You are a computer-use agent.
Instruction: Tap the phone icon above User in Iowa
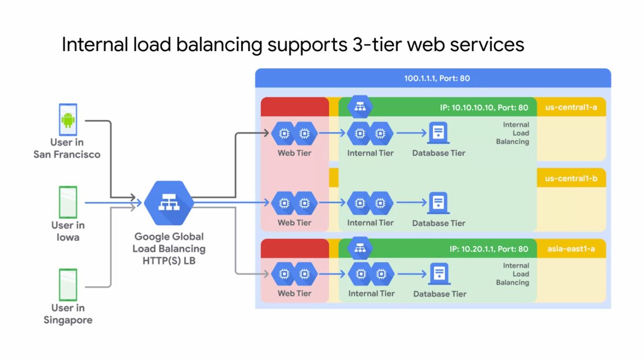[68, 202]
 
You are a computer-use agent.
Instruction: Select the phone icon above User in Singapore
[68, 285]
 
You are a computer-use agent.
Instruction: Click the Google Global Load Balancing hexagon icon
[168, 203]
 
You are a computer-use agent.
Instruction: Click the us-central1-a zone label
[571, 107]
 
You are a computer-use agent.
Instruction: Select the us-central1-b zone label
[571, 178]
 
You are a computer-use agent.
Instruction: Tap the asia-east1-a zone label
[571, 249]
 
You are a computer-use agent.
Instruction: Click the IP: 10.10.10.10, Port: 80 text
[484, 108]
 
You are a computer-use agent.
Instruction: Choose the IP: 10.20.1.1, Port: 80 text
[489, 249]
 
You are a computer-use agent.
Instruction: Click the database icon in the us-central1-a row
[438, 133]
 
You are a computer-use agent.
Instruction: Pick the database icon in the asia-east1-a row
[439, 274]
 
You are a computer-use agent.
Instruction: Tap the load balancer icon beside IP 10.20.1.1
[359, 248]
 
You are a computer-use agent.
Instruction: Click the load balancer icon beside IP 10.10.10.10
[359, 107]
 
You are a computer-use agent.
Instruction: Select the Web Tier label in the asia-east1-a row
[294, 294]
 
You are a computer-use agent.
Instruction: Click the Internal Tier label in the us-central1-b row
[370, 223]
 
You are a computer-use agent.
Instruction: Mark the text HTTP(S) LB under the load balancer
[168, 261]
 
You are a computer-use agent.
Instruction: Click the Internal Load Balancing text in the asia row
[513, 274]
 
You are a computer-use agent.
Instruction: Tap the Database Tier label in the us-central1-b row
[439, 223]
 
